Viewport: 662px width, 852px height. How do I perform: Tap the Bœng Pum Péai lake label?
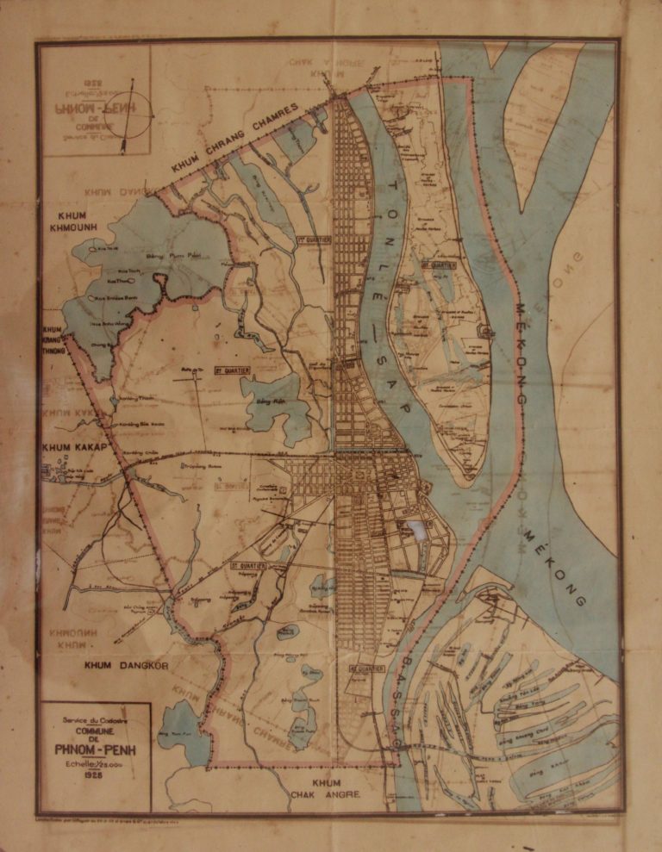(x=167, y=256)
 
